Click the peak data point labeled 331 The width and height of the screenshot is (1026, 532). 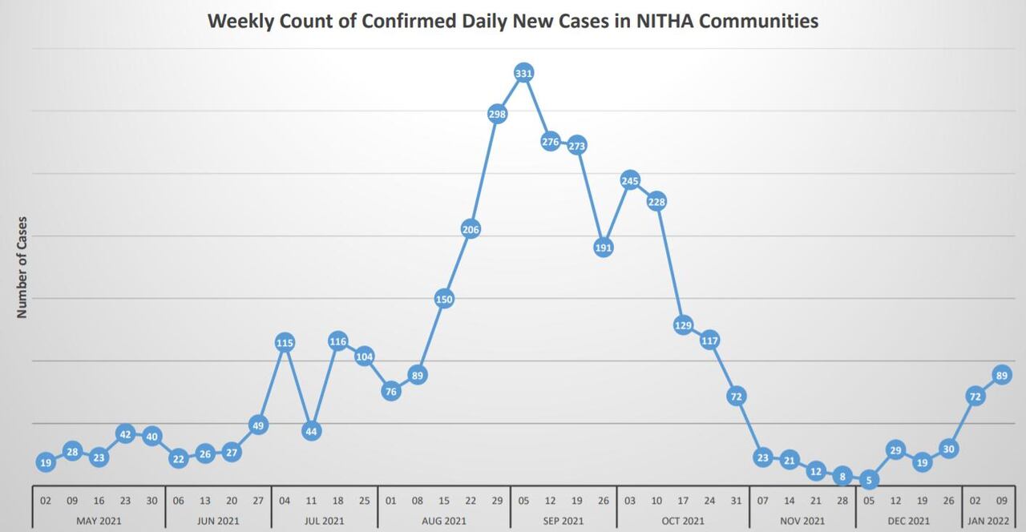[x=523, y=74]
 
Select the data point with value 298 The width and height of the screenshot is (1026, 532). [x=497, y=114]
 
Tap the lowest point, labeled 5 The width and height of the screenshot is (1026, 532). [x=869, y=481]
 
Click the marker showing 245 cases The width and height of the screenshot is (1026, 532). [x=630, y=180]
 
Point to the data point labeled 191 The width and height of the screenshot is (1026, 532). [x=604, y=248]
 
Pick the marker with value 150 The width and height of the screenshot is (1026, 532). [x=444, y=299]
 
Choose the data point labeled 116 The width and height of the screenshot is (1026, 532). [x=337, y=341]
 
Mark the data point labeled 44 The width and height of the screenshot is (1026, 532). [x=311, y=431]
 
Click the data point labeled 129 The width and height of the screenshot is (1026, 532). [x=683, y=324]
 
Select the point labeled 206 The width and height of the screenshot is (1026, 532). [x=471, y=229]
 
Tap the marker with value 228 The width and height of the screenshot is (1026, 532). [x=656, y=201]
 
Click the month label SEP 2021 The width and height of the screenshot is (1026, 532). [x=563, y=521]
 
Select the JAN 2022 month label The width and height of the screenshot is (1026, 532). [x=988, y=521]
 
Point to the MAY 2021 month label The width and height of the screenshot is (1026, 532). [x=99, y=521]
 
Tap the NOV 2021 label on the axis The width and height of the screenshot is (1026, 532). [x=802, y=521]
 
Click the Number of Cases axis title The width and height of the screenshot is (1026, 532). [x=22, y=267]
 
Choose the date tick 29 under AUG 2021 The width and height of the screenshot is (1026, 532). [x=497, y=500]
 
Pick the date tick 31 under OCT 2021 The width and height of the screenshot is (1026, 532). [x=736, y=500]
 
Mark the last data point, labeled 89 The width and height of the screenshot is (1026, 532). [x=1001, y=374]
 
